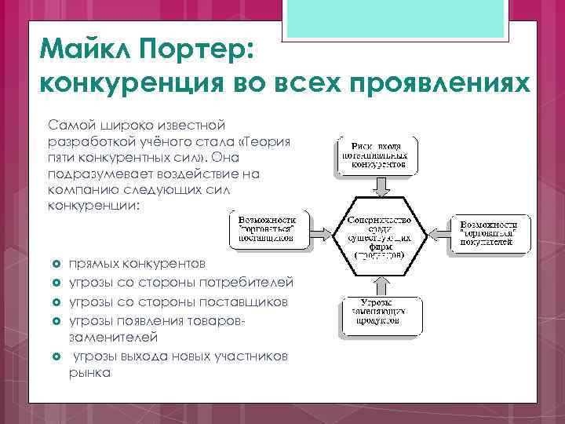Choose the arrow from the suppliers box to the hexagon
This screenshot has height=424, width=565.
(x=320, y=233)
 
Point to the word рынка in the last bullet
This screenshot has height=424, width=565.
(x=89, y=372)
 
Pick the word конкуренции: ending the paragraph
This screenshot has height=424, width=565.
(x=94, y=206)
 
